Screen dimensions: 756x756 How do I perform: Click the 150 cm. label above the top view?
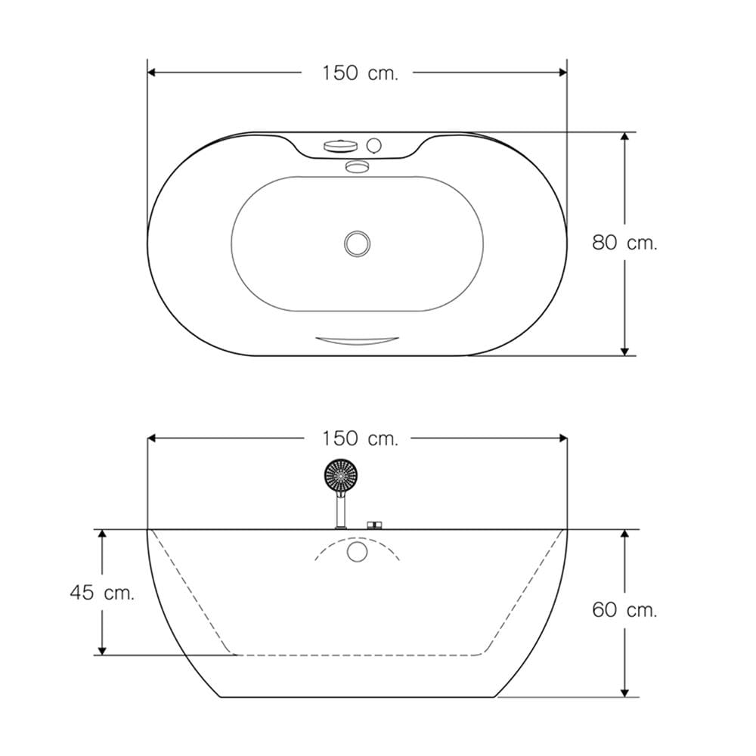pos(360,73)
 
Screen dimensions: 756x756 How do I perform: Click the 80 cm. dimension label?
pos(624,243)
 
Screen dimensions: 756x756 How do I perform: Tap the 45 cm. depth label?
pos(102,593)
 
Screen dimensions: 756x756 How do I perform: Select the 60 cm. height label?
pos(624,610)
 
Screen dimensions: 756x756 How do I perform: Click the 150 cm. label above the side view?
pos(360,438)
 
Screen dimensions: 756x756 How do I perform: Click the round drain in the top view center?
pos(358,243)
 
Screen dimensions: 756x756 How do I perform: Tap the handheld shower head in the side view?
pos(341,476)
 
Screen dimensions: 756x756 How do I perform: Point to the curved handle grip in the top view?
pos(358,341)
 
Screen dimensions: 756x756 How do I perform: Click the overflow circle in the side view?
pos(358,551)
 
